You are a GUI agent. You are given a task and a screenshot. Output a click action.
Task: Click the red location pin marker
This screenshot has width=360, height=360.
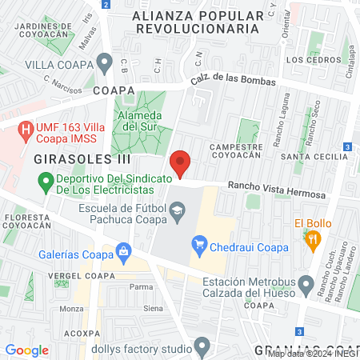point(180,163)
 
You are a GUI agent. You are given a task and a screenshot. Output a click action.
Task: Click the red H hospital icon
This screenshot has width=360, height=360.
point(26,127)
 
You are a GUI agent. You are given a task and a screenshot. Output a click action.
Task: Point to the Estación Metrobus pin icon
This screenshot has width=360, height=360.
point(306,283)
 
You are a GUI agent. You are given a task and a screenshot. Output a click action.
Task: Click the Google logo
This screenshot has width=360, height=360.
point(26,350)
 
